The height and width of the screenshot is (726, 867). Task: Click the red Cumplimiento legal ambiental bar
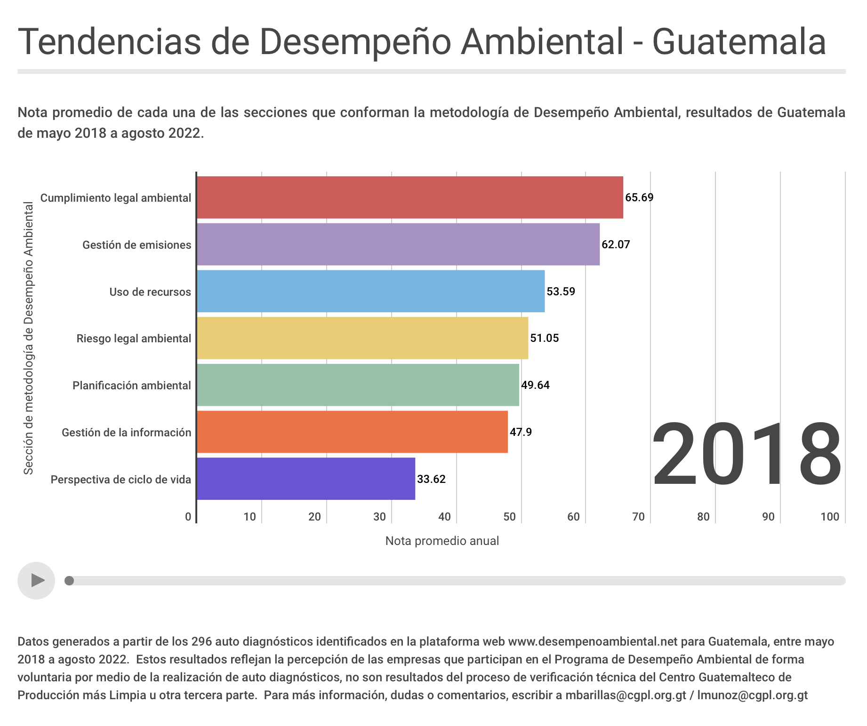click(409, 197)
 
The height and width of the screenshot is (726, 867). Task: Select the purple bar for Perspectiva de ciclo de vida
click(306, 479)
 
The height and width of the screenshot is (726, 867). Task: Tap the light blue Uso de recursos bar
click(370, 291)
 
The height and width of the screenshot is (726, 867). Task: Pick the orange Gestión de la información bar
click(352, 432)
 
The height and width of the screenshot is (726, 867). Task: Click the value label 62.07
click(616, 245)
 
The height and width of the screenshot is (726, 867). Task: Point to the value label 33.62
click(431, 479)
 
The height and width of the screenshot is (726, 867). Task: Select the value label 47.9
click(521, 432)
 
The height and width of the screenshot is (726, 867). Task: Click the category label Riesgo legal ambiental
click(134, 339)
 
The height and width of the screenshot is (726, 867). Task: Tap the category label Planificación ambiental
click(132, 386)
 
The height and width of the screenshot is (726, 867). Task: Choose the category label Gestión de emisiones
click(136, 245)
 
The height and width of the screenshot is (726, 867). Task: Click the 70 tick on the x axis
click(638, 517)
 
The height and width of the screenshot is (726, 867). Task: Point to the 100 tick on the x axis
click(829, 517)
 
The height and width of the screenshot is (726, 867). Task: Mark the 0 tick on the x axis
click(188, 517)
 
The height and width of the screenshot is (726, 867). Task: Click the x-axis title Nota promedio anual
click(442, 541)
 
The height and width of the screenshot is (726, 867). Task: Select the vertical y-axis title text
click(29, 338)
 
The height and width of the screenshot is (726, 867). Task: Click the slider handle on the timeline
click(69, 581)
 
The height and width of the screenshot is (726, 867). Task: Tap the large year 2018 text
click(747, 454)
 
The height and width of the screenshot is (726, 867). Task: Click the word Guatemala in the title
click(739, 42)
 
